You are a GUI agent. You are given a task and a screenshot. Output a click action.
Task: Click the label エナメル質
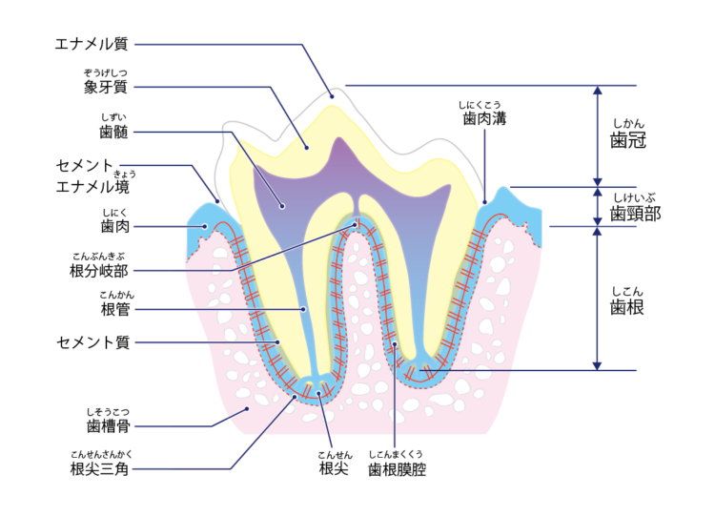click(92, 43)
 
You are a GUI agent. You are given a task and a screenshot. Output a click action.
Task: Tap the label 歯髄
click(114, 131)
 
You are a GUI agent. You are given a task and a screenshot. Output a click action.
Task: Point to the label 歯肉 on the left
click(114, 226)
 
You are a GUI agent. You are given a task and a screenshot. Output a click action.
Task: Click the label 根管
click(116, 309)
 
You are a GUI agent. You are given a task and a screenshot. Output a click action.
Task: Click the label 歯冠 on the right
click(629, 140)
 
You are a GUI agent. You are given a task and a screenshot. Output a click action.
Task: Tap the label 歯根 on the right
click(629, 307)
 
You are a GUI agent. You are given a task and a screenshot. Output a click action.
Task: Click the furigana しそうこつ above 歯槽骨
click(106, 410)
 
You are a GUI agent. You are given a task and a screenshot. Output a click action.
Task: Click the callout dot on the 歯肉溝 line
click(484, 202)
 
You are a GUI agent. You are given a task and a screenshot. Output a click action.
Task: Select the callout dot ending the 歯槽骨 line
click(248, 408)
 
